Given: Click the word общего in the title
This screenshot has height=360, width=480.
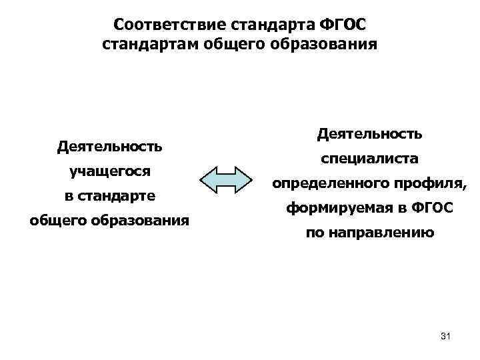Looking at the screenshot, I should click(x=227, y=45).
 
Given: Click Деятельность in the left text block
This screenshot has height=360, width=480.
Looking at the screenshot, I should click(x=111, y=145).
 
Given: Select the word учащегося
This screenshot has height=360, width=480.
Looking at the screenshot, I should click(x=111, y=171).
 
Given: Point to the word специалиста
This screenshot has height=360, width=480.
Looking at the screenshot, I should click(x=369, y=159).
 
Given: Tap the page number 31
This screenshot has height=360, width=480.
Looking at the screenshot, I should click(x=446, y=337).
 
